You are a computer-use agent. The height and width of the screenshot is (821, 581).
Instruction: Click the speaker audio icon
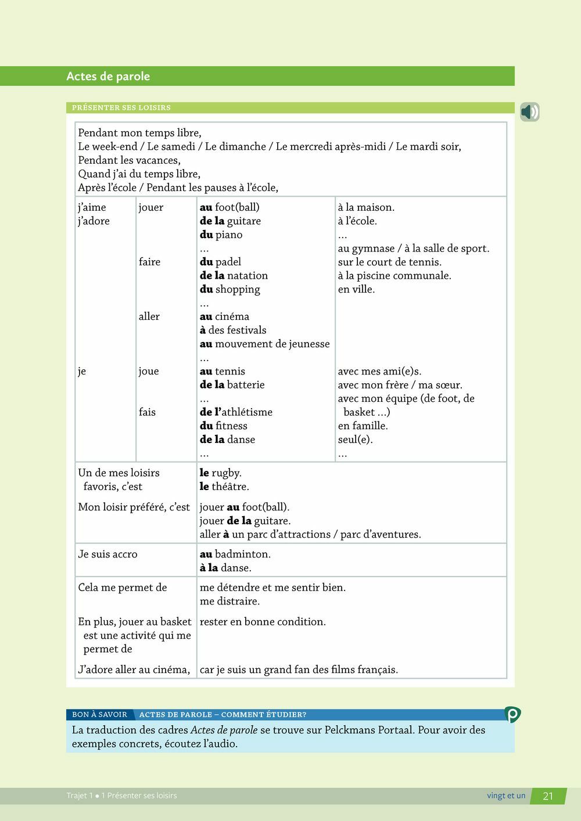click(529, 111)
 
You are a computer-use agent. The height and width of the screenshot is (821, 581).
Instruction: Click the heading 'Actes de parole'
click(108, 76)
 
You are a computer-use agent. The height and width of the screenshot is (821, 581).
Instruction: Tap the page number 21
click(548, 796)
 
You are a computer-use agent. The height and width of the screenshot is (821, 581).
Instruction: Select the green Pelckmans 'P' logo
click(512, 714)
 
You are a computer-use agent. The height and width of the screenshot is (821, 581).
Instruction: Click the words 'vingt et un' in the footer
click(505, 795)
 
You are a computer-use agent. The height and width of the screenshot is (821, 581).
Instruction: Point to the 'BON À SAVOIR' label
click(99, 715)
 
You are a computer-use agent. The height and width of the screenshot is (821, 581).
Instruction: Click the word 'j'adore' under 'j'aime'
click(94, 221)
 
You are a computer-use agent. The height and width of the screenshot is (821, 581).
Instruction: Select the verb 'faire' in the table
click(149, 262)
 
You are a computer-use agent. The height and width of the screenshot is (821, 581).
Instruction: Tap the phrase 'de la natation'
click(234, 276)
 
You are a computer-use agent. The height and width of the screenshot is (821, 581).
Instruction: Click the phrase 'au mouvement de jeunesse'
click(264, 344)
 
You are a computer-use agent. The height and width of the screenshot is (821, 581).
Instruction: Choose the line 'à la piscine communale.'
click(394, 276)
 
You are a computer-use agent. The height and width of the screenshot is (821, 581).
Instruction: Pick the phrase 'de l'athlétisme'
click(236, 412)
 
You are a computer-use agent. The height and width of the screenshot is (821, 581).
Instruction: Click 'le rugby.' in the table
click(220, 473)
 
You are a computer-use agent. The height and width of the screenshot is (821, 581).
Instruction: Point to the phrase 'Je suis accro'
click(107, 554)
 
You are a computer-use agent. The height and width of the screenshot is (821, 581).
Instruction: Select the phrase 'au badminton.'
click(235, 554)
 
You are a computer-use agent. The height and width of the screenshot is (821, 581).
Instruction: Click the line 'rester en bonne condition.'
click(263, 622)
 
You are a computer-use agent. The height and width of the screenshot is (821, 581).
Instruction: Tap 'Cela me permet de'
click(122, 588)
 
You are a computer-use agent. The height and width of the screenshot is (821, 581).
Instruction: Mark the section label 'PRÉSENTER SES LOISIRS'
click(121, 107)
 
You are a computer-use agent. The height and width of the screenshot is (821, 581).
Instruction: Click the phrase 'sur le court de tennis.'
click(389, 262)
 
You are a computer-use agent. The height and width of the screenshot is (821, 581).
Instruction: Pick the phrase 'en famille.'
click(363, 426)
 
